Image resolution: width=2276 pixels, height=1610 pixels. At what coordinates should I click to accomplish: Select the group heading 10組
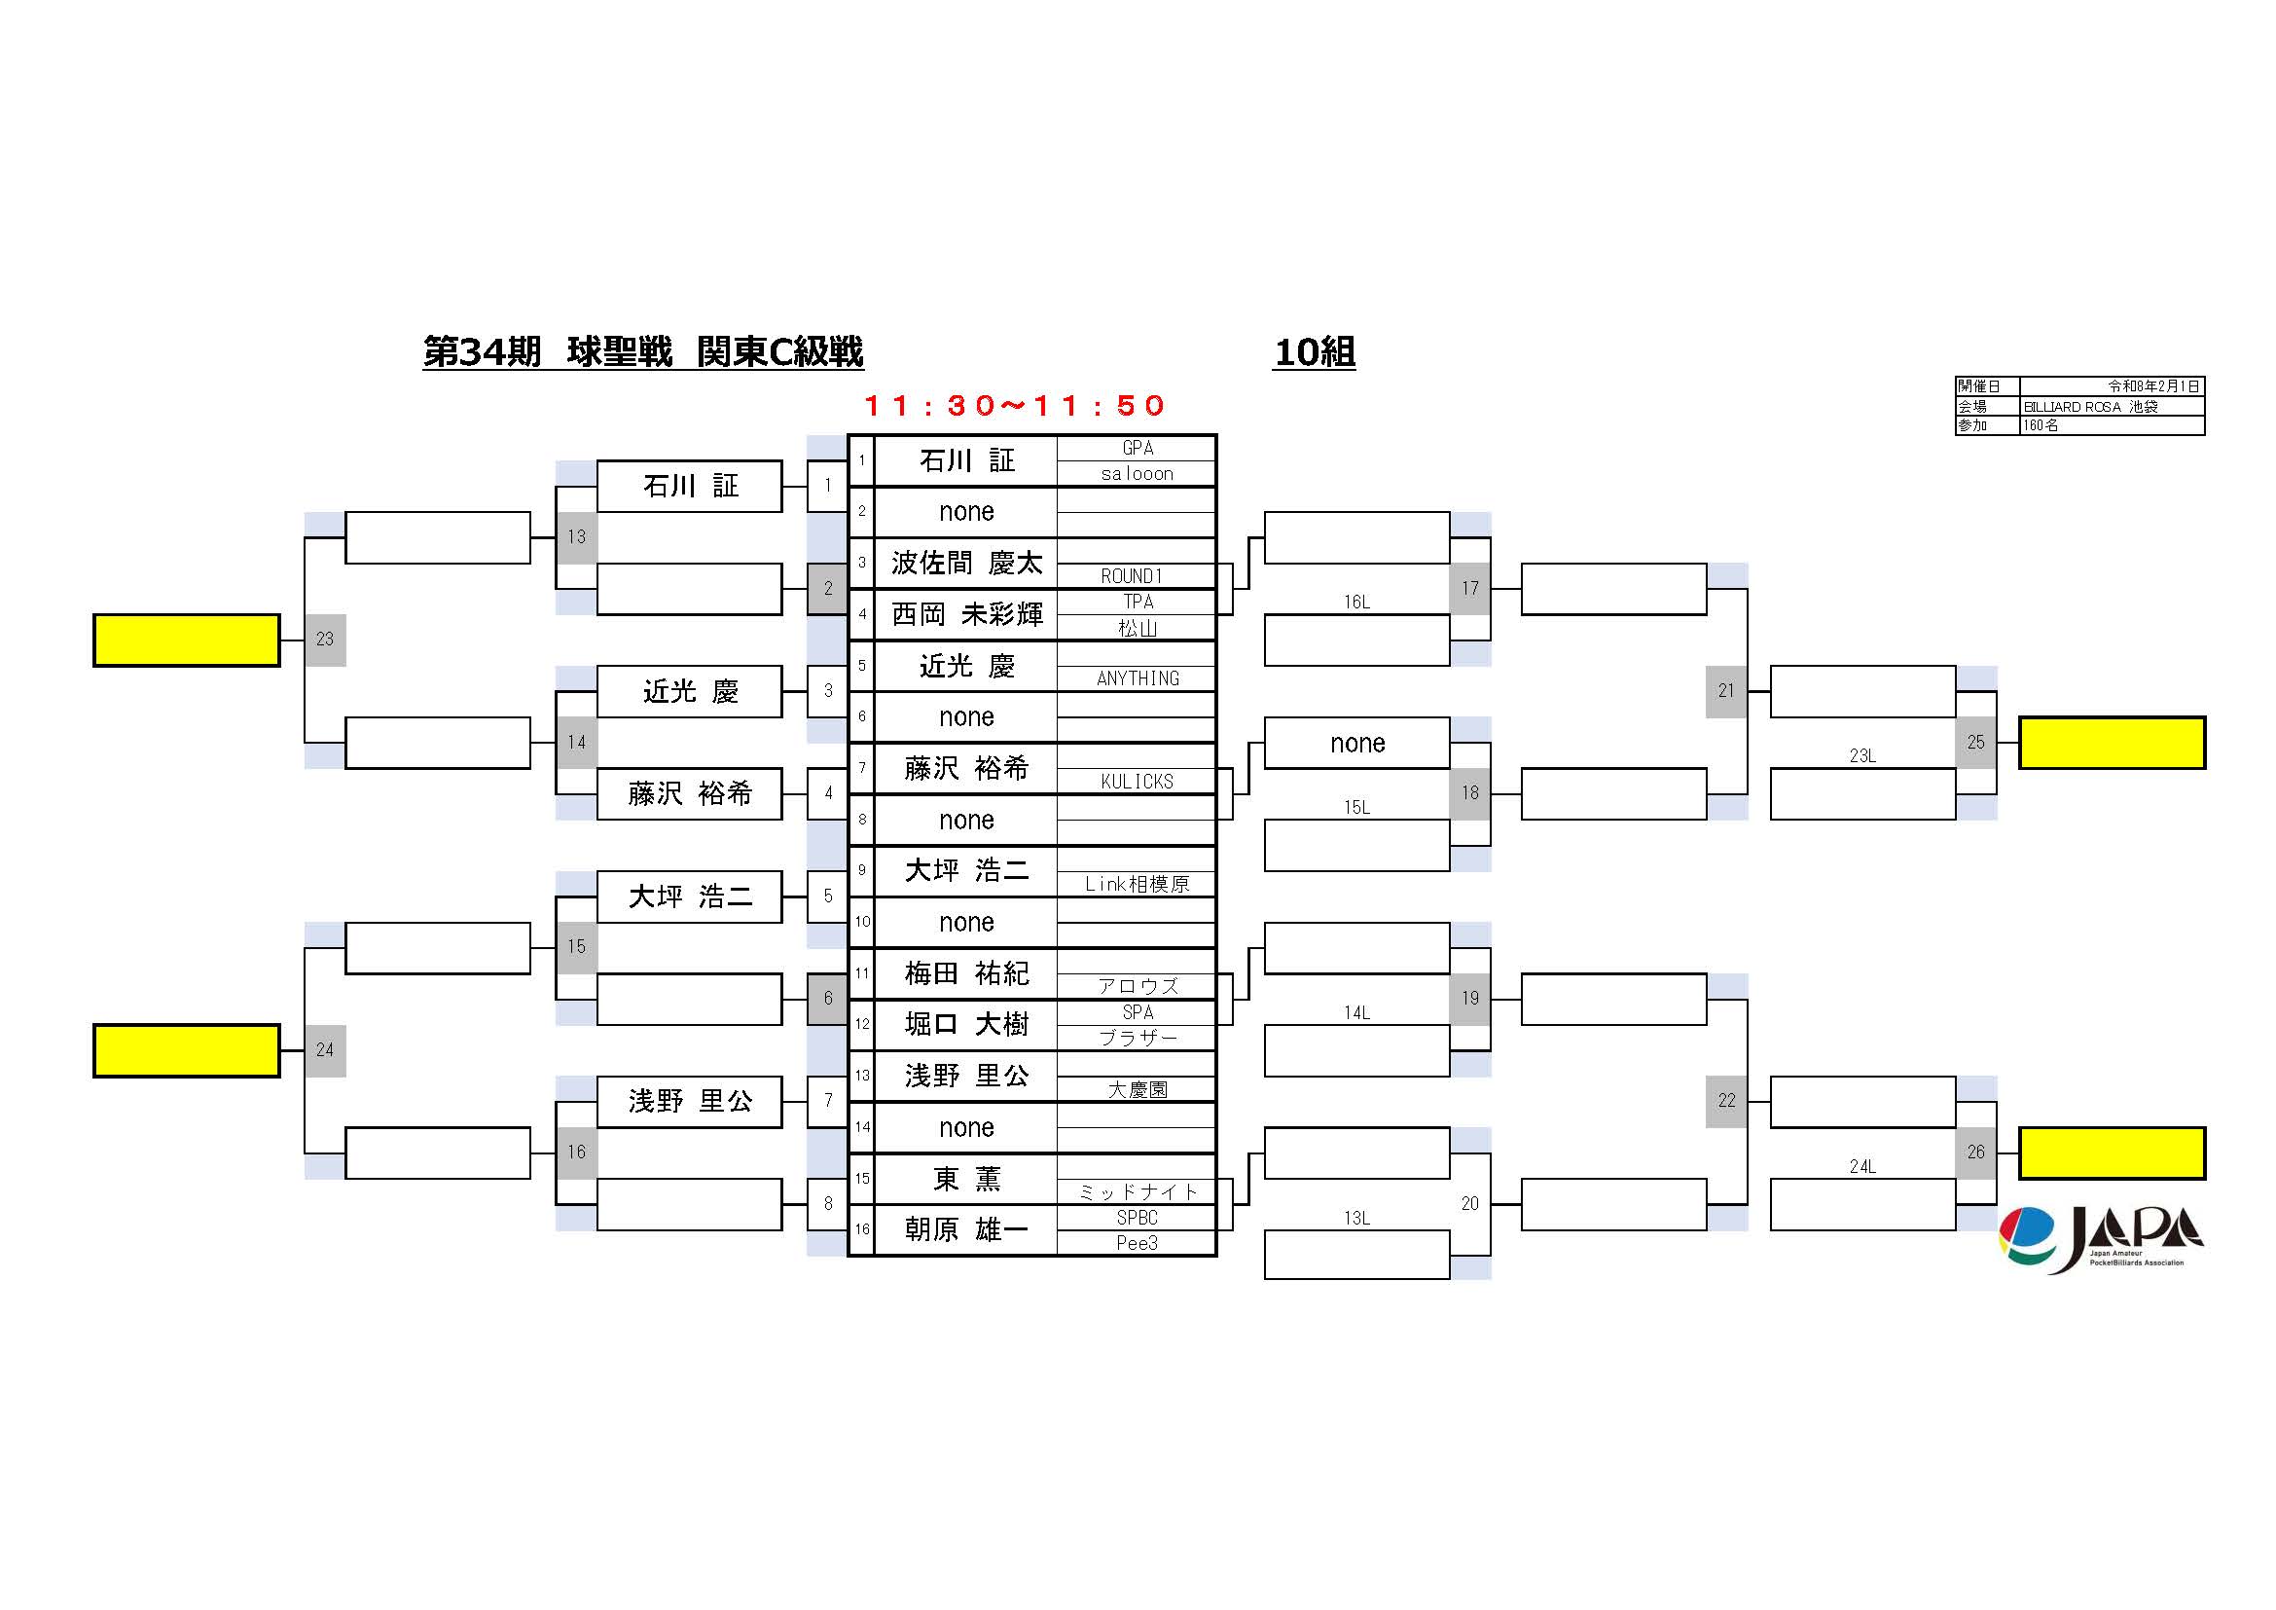[1315, 352]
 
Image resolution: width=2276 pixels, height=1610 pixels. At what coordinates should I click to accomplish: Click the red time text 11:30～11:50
[1014, 406]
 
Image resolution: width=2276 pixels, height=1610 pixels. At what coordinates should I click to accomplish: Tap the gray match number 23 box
[325, 640]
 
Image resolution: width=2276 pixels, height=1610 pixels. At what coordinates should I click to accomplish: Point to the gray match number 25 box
[1975, 743]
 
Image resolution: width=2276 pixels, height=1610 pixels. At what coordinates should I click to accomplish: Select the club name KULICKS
[1137, 782]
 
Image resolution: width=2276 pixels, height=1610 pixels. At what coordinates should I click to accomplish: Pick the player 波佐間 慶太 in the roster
[966, 563]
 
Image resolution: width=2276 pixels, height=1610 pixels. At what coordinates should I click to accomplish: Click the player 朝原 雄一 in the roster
[966, 1229]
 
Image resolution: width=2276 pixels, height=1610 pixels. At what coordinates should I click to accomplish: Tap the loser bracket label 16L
[1357, 602]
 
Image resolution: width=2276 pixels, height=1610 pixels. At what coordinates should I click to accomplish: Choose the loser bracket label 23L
[1862, 755]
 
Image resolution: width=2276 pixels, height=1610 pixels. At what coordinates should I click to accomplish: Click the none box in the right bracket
[1357, 743]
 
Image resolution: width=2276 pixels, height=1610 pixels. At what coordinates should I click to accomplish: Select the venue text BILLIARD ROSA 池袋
[2089, 407]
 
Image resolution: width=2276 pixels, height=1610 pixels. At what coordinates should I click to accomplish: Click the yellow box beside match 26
[2113, 1153]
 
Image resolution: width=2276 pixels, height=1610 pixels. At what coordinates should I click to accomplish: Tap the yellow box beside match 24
[187, 1050]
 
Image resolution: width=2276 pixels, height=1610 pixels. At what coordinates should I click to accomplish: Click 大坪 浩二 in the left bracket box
[690, 896]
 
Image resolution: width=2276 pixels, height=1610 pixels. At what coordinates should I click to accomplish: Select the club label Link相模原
[1137, 884]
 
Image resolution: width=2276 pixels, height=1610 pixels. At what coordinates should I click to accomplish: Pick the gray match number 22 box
[1726, 1102]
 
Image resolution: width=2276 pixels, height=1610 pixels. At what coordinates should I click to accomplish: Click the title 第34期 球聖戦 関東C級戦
[643, 352]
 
